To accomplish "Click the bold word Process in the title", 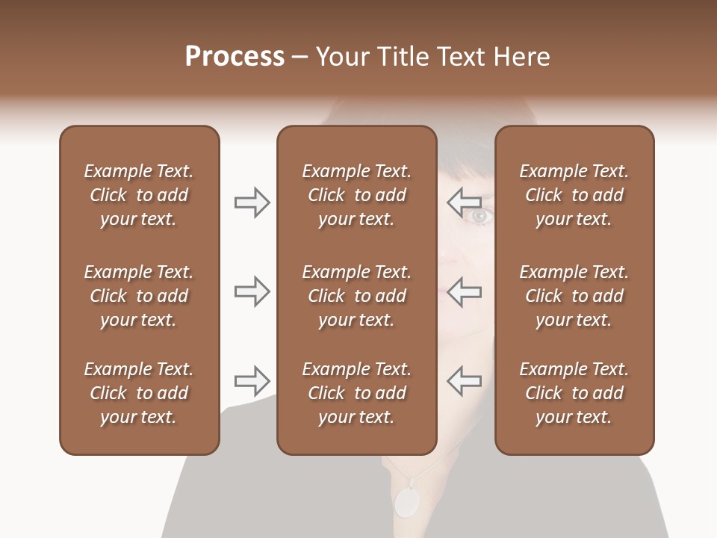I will point(235,56).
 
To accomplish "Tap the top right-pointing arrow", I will point(252,202).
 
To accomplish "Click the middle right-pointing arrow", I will point(252,291).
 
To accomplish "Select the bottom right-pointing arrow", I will point(252,380).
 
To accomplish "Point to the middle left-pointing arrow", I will point(464,291).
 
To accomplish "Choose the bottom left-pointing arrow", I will point(464,380).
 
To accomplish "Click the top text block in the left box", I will point(139,195).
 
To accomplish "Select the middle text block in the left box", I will point(139,296).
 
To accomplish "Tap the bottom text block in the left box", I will point(139,393).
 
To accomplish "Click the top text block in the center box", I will point(356,195).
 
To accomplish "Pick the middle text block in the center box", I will point(356,296).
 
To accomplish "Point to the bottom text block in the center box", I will point(356,393).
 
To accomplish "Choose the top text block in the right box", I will point(574,195).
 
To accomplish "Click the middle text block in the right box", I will point(574,296).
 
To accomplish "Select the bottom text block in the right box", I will point(574,393).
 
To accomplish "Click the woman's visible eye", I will point(479,216).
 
